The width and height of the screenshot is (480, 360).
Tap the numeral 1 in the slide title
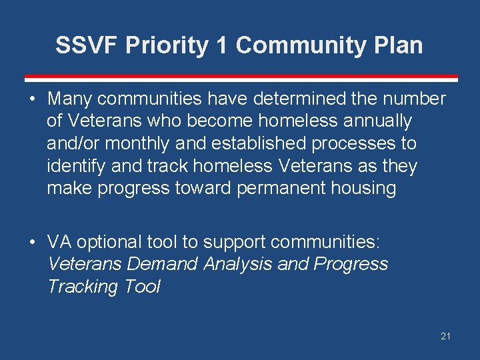221,45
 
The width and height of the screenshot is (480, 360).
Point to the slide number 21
445,336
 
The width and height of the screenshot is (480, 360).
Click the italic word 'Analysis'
238,264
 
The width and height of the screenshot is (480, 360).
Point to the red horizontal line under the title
240,77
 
